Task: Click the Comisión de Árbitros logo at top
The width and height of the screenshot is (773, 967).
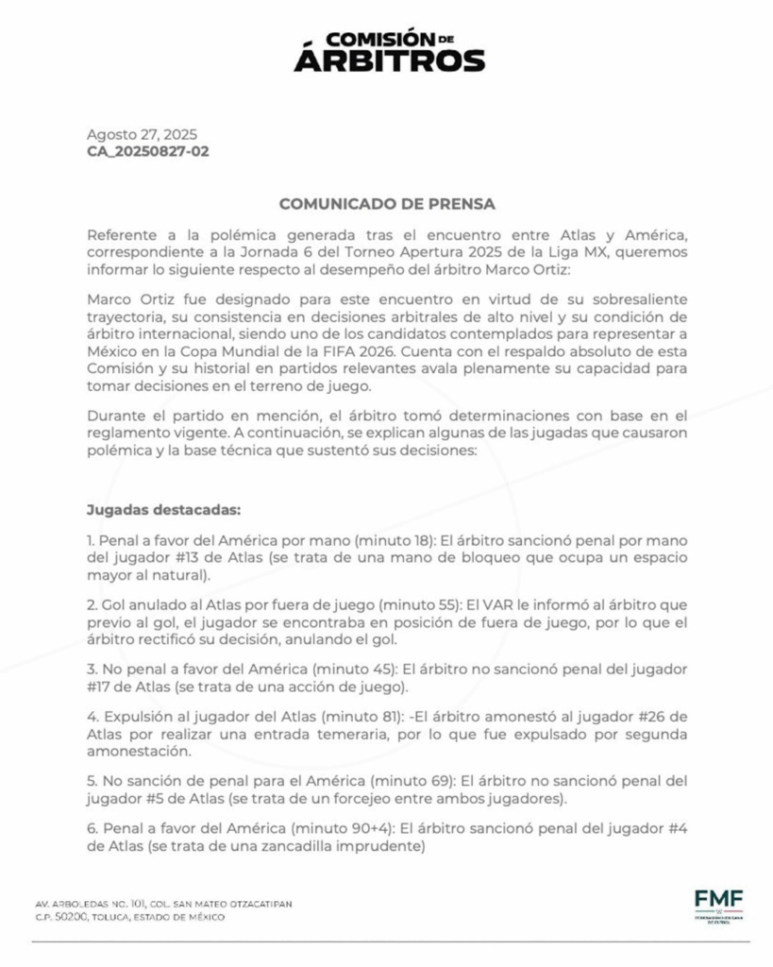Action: pos(389,51)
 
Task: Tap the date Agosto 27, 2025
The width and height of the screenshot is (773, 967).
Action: pos(142,134)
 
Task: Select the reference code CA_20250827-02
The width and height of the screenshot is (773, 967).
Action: pos(148,151)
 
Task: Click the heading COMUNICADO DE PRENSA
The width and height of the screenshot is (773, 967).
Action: pos(387,203)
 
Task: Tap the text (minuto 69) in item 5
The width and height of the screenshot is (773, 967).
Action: pos(411,782)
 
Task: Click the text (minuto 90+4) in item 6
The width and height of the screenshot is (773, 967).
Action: pos(343,831)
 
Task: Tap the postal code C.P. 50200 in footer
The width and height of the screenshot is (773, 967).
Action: pos(62,917)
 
